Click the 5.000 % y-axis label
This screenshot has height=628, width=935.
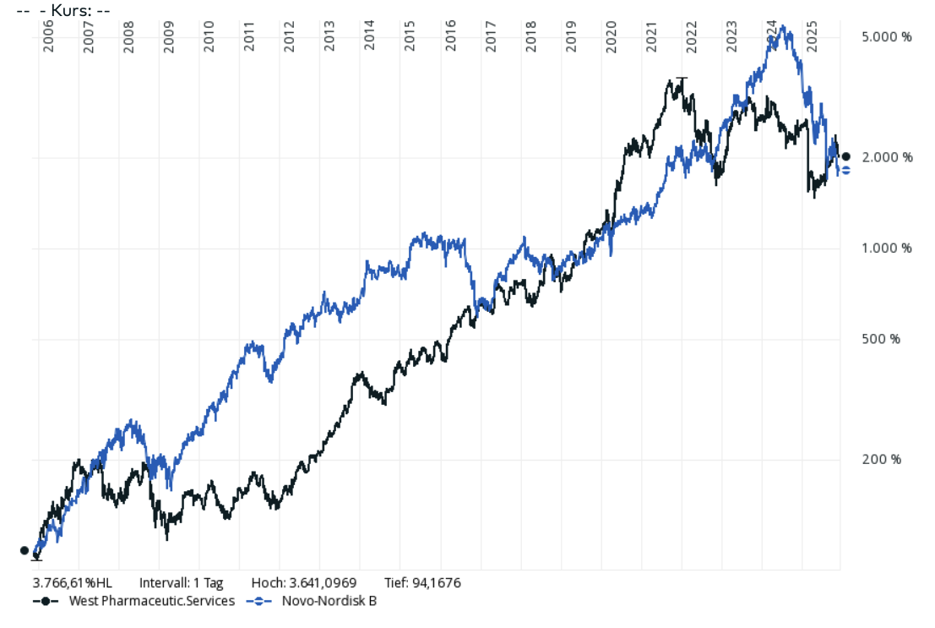(887, 37)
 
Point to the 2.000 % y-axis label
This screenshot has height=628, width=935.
(887, 157)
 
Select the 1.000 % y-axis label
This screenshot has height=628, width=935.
(887, 248)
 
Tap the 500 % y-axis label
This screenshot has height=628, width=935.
(882, 339)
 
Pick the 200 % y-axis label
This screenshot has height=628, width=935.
(882, 459)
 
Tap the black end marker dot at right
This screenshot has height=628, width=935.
(846, 156)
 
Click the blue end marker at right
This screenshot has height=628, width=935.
(845, 170)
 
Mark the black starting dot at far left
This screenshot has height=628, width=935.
(24, 550)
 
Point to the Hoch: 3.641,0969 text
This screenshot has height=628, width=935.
(304, 582)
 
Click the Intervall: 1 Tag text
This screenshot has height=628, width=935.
(181, 582)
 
